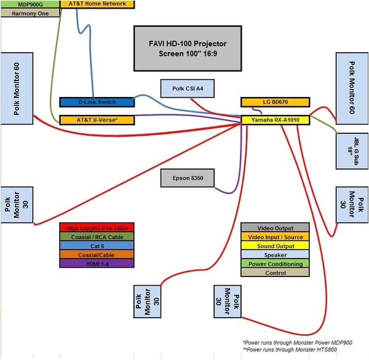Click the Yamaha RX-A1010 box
coord(276,120)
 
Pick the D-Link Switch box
coord(96,102)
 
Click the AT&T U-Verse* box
coord(96,120)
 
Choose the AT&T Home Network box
coord(96,4)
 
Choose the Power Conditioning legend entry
coord(275,263)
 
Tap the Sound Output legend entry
coord(275,245)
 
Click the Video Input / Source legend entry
coord(275,237)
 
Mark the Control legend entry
coord(275,272)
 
